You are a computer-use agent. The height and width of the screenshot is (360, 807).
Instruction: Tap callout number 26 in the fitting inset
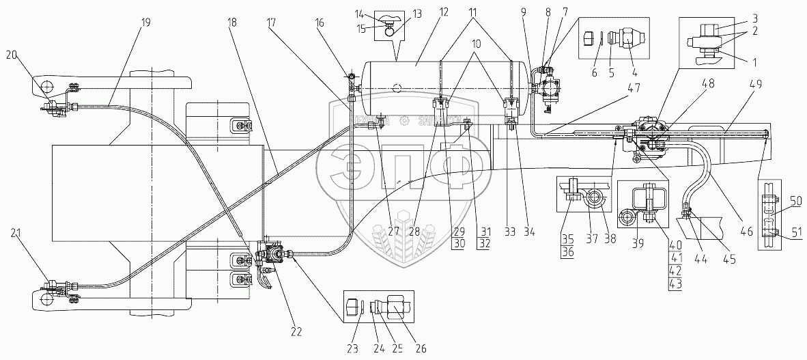pos(421,348)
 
